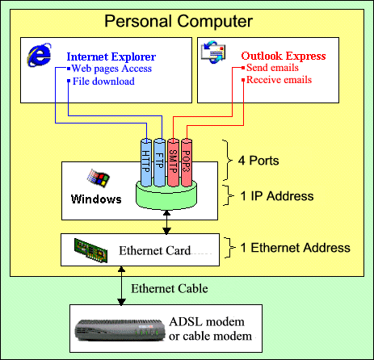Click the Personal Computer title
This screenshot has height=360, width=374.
(x=179, y=22)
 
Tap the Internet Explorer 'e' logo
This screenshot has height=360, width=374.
(x=39, y=55)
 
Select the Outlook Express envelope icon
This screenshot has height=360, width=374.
(x=213, y=52)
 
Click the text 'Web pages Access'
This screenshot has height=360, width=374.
(x=111, y=69)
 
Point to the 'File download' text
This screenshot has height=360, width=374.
(x=103, y=82)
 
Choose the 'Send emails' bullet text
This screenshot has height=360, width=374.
(x=272, y=68)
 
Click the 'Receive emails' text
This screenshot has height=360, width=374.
(x=279, y=80)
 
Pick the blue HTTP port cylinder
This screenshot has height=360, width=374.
(x=146, y=162)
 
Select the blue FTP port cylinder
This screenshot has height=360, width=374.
(x=159, y=162)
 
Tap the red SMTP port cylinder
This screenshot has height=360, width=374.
(x=173, y=162)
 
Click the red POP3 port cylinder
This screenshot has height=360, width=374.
(x=187, y=162)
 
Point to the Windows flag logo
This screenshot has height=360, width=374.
(x=98, y=178)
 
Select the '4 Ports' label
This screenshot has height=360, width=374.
(x=258, y=161)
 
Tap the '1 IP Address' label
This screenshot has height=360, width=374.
(x=277, y=196)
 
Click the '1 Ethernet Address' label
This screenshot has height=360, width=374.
(x=295, y=248)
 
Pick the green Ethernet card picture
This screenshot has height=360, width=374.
(x=91, y=250)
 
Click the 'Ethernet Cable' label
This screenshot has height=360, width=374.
(x=170, y=289)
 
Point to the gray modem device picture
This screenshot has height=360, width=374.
(x=120, y=330)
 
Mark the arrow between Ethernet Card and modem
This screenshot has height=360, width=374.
(x=121, y=286)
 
